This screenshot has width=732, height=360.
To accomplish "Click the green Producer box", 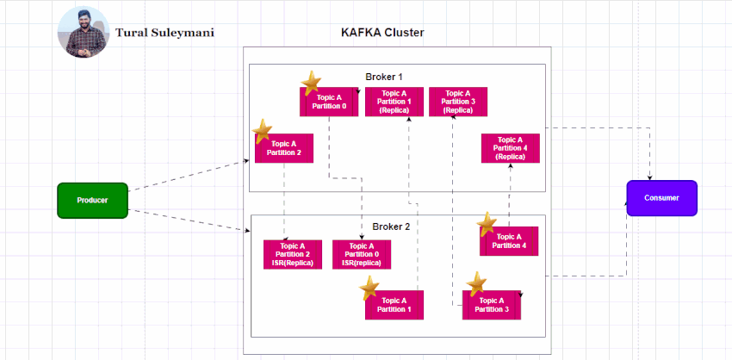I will coord(92,200).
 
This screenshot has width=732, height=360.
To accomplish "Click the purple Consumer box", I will coord(661,198).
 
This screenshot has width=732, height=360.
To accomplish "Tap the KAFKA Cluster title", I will coord(382,33).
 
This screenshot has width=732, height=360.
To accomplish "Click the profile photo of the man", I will coord(84,33).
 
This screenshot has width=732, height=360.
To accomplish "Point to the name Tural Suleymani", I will coord(164,34).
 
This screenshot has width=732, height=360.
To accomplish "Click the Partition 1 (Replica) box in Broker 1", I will coord(394,102).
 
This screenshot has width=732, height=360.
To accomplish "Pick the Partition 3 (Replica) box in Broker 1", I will coord(457,102).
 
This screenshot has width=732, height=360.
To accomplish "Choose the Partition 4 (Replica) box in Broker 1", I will coord(510,148).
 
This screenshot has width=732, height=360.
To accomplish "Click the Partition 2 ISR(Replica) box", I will coord(292,254).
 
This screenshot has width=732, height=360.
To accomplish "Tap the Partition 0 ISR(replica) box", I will coord(362,254).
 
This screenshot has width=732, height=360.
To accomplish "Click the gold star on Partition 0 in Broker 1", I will coord(312,84).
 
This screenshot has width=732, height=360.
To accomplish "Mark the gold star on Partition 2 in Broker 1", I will coord(263,131).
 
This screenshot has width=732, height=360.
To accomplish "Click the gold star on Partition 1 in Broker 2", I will coord(369,289).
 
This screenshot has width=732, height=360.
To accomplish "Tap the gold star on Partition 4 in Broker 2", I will coord(487,225).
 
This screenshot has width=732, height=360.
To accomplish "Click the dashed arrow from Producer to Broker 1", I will coord(189,176).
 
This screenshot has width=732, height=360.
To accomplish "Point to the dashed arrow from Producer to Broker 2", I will coord(189,220).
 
